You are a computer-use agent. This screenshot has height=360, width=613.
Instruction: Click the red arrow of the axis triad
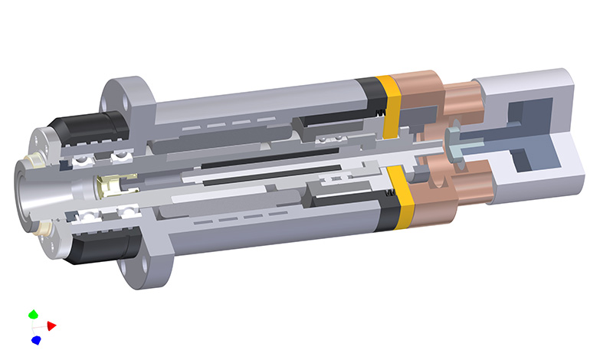51,326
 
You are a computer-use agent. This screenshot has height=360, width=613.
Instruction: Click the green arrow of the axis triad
33,314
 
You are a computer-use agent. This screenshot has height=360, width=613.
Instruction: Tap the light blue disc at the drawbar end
455,152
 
